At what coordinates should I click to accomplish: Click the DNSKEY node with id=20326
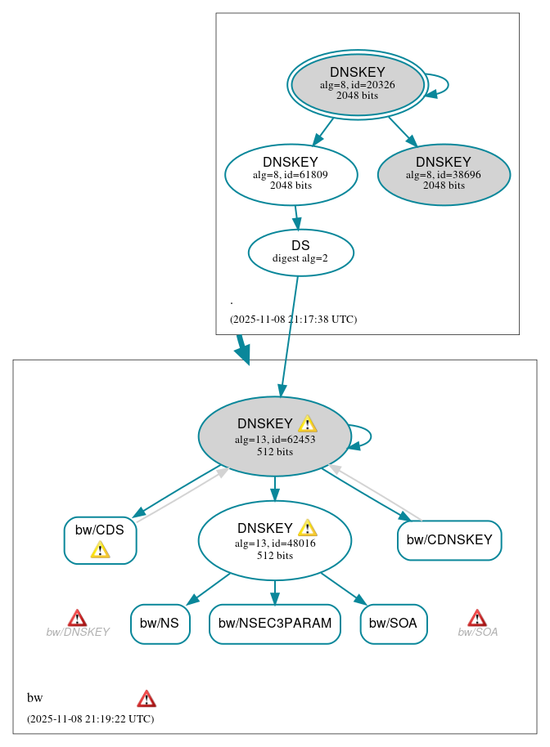click(357, 84)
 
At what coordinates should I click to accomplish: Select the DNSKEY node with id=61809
click(291, 174)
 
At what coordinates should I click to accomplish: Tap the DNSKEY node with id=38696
click(444, 174)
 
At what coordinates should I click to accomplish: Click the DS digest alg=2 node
click(300, 253)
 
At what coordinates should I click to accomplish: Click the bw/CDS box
click(100, 539)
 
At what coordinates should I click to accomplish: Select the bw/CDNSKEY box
click(449, 540)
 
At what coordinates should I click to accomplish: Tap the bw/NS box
click(160, 624)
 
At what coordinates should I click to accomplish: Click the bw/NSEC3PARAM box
click(275, 624)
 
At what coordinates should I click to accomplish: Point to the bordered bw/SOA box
click(393, 624)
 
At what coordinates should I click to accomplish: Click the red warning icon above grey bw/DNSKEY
click(77, 618)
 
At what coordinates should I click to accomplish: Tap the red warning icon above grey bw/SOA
click(477, 618)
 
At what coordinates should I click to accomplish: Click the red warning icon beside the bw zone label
click(147, 699)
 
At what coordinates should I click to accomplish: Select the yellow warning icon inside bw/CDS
click(100, 549)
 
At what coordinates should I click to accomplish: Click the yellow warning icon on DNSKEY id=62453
click(307, 423)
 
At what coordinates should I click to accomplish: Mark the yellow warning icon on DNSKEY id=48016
click(307, 528)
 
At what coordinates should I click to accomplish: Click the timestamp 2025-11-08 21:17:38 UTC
click(293, 320)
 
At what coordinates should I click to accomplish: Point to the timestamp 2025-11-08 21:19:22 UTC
click(90, 719)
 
